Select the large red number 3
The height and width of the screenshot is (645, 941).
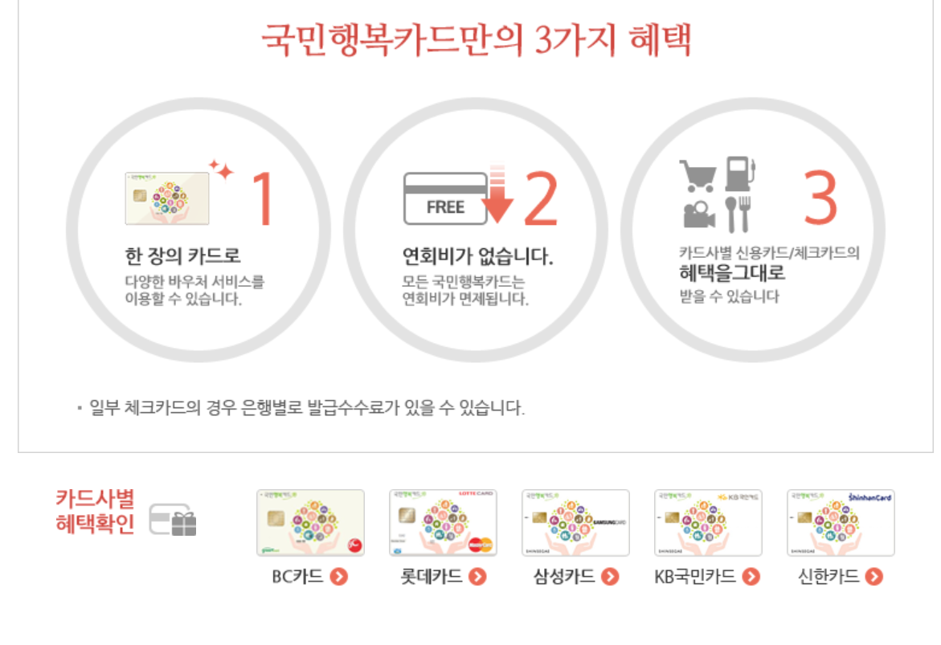(x=820, y=196)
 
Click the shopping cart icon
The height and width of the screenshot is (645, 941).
(x=697, y=174)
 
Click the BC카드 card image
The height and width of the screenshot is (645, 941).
(x=310, y=523)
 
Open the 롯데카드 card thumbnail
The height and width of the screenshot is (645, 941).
(x=443, y=523)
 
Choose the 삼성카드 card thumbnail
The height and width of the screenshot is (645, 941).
(x=575, y=523)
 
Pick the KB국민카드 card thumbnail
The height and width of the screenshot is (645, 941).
(x=708, y=523)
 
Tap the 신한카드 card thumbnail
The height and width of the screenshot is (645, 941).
(x=841, y=523)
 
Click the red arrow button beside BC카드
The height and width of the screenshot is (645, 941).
(x=339, y=577)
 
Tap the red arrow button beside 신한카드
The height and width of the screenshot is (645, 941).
(x=874, y=577)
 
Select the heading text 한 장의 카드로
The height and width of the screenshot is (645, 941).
(x=183, y=257)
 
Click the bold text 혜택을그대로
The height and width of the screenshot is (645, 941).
(x=731, y=273)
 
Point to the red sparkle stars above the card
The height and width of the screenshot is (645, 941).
(x=221, y=169)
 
